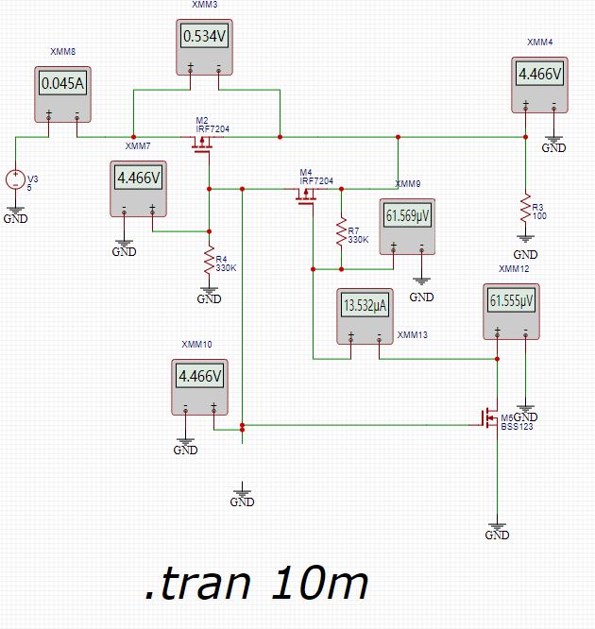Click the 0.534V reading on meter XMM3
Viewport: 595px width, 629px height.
point(204,38)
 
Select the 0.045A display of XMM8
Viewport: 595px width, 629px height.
point(62,83)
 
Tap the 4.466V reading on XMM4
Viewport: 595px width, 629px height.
point(539,74)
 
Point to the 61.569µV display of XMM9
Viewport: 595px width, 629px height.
point(407,215)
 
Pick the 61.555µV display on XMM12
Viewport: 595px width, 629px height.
point(511,300)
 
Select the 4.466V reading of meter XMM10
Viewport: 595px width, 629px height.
point(199,376)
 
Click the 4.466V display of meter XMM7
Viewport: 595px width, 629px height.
point(138,178)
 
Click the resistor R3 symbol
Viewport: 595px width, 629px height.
point(525,207)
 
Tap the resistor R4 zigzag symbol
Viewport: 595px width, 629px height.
point(209,262)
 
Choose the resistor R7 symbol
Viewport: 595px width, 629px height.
point(340,233)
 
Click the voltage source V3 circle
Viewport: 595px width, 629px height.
point(15,178)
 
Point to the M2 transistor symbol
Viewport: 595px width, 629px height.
point(202,142)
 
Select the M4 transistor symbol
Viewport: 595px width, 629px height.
point(306,194)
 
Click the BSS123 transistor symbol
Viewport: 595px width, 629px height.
point(489,416)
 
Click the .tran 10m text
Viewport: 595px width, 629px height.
point(256,585)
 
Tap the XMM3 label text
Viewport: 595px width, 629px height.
point(204,6)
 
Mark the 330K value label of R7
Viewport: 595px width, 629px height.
point(359,240)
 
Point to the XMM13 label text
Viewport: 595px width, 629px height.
point(413,334)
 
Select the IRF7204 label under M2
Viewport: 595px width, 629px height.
point(212,127)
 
